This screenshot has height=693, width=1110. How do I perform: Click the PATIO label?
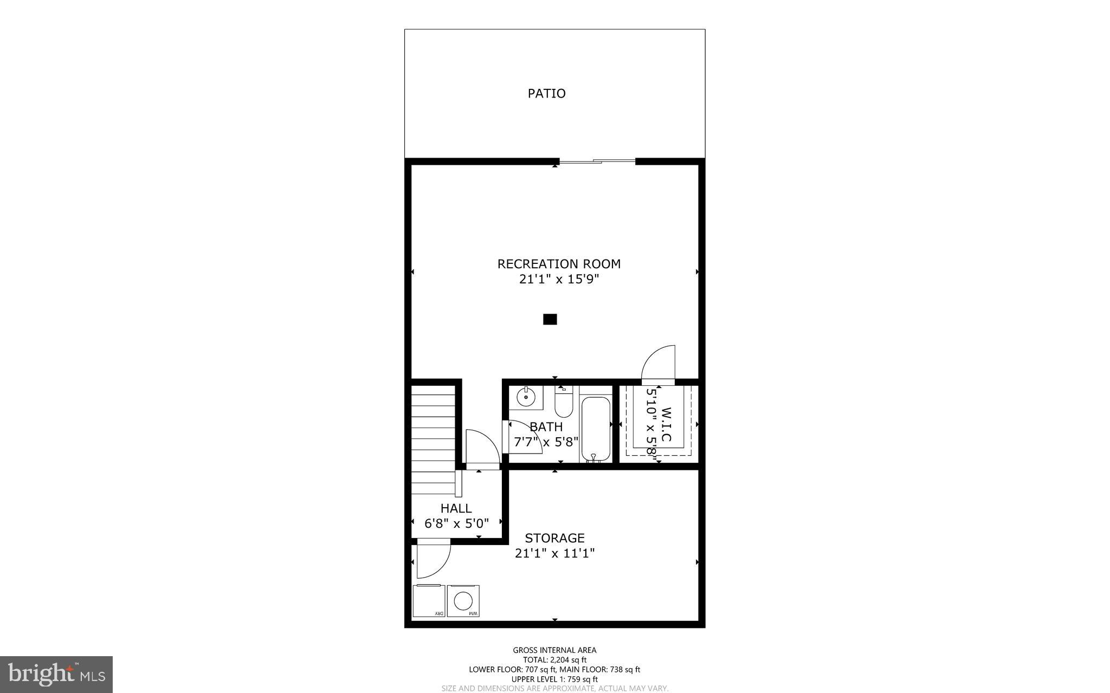pyautogui.click(x=546, y=94)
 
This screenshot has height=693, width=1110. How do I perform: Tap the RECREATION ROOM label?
pyautogui.click(x=559, y=264)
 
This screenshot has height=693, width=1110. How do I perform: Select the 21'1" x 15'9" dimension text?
pyautogui.click(x=559, y=280)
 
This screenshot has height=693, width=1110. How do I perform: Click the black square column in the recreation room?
pyautogui.click(x=550, y=320)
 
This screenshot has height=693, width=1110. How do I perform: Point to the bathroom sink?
pyautogui.click(x=525, y=398)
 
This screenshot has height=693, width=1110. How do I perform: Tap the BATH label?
pyautogui.click(x=546, y=427)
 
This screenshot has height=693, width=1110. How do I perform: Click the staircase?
pyautogui.click(x=433, y=439)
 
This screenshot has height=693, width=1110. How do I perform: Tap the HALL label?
pyautogui.click(x=456, y=509)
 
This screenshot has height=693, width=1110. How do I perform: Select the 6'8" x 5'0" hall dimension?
pyautogui.click(x=456, y=523)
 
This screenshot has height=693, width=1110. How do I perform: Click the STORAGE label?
pyautogui.click(x=554, y=538)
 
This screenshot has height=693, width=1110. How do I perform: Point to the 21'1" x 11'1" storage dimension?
pyautogui.click(x=554, y=553)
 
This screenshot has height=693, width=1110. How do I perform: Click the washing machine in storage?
pyautogui.click(x=464, y=601)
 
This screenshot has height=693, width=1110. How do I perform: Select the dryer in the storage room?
pyautogui.click(x=429, y=601)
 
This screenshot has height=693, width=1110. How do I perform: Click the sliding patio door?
pyautogui.click(x=597, y=161)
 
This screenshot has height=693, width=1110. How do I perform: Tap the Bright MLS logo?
pyautogui.click(x=56, y=675)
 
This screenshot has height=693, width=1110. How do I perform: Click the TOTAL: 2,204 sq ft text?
pyautogui.click(x=554, y=660)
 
